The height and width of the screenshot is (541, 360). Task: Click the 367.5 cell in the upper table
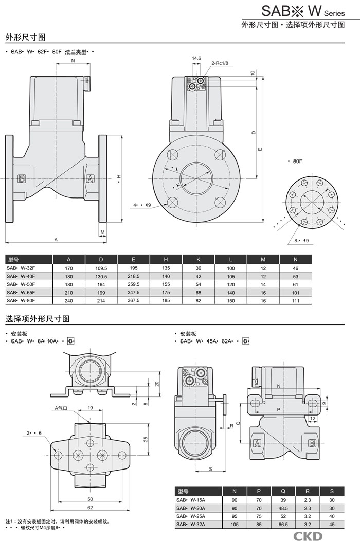pos(134,300)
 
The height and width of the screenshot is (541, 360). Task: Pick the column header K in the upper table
pos(199,259)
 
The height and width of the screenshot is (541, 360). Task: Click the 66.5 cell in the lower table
pos(282,525)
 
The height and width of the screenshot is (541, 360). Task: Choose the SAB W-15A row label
pos(191,499)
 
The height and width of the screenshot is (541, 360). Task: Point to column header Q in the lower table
pos(282,491)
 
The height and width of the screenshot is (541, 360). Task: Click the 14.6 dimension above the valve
pos(196,58)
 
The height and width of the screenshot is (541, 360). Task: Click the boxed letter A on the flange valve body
pos(91,179)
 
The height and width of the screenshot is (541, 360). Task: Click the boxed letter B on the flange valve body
pos(22,179)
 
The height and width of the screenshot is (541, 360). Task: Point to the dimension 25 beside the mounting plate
pos(146,439)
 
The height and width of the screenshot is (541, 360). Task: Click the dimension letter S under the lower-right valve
pos(211,468)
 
